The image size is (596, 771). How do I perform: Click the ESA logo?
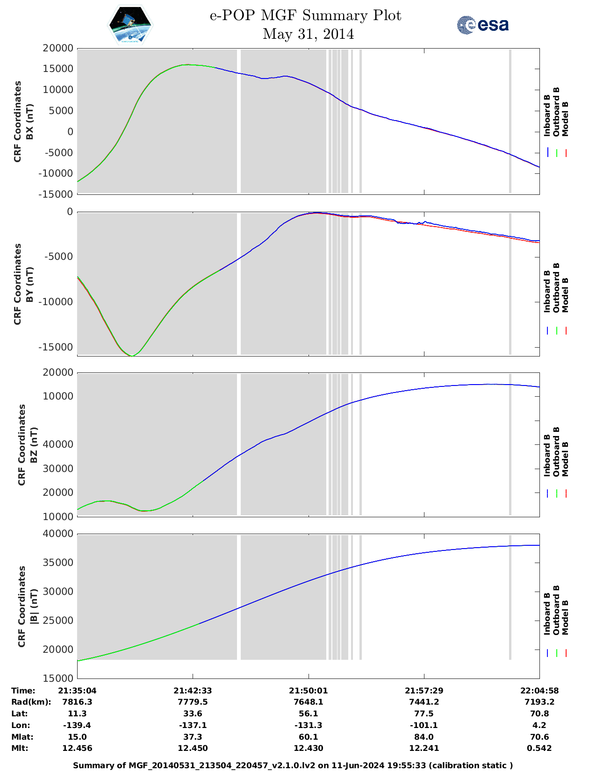pos(482,25)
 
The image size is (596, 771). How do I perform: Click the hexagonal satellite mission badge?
pos(130,25)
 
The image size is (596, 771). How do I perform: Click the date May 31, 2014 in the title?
pos(308,34)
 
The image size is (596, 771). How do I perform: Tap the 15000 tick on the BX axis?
pos(58,69)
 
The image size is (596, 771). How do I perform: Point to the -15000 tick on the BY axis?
pos(56,347)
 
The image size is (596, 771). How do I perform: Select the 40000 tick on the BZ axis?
pos(58,444)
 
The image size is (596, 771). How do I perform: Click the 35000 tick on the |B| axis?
pos(58,563)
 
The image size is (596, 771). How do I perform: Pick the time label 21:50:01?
pos(308,691)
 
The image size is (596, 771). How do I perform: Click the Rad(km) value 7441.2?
pos(424,702)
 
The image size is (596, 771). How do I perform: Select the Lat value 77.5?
pos(424,714)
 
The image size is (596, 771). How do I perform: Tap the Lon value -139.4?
pos(77,725)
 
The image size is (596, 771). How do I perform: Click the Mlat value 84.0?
pos(424,737)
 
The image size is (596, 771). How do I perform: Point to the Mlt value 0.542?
pos(539,748)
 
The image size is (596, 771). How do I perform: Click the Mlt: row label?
pos(20,748)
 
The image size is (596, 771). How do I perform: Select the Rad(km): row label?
pos(31,702)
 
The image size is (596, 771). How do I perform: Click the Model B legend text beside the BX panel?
pos(565,119)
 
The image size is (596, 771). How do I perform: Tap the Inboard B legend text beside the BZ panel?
pos(547,456)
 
